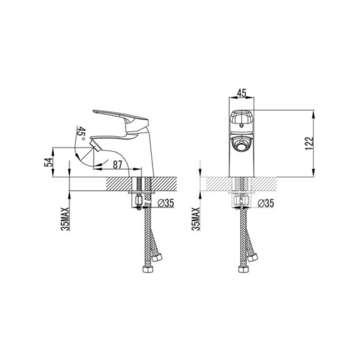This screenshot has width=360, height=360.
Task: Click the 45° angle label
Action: [x=82, y=133]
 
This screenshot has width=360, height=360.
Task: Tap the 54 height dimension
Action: [x=49, y=162]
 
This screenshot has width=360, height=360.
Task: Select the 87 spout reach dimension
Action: [x=118, y=164]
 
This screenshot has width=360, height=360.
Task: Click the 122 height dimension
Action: [x=309, y=143]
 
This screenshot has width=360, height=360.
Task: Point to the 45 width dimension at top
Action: [x=242, y=93]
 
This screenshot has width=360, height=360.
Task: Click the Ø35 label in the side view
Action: [x=166, y=203]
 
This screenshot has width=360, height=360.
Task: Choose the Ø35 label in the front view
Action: [x=266, y=203]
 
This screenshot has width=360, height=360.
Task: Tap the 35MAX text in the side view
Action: [x=65, y=219]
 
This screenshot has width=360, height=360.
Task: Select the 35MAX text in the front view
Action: [x=196, y=219]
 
